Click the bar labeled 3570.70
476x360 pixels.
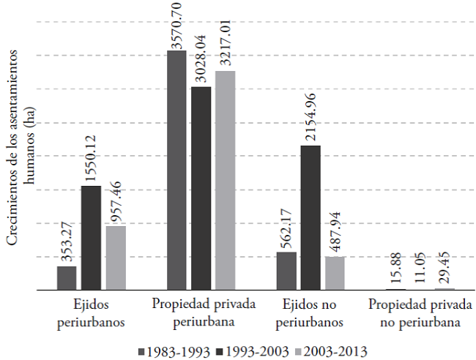(x=176, y=170)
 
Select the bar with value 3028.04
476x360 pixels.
(x=201, y=189)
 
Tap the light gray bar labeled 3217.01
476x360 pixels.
(x=225, y=181)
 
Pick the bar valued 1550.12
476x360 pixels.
(x=91, y=239)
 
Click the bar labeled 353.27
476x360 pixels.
(x=67, y=279)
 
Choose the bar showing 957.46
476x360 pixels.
(x=115, y=258)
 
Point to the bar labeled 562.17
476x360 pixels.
(x=286, y=271)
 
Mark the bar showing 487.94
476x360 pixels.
(x=334, y=274)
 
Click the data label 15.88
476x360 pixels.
(x=396, y=266)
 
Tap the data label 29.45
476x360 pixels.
(x=444, y=263)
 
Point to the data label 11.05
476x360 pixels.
(x=420, y=266)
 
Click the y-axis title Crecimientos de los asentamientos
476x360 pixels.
(x=20, y=157)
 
